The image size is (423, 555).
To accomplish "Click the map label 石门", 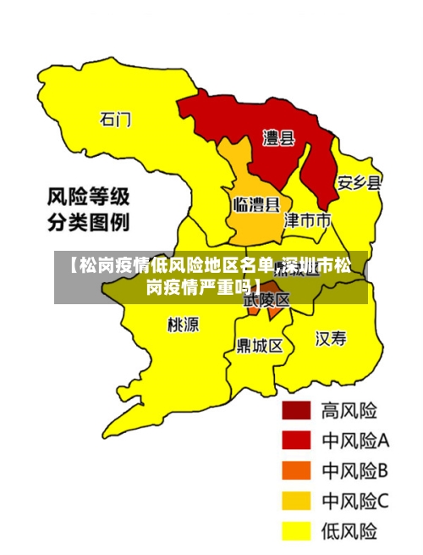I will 116,119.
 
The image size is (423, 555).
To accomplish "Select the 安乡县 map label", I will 359,182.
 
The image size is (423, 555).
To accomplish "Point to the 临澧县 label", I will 255,204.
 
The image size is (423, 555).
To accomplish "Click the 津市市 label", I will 307,220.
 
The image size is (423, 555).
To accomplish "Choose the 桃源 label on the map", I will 183,324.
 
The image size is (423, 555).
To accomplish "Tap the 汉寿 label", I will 331,339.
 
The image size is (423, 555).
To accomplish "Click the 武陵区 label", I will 266,299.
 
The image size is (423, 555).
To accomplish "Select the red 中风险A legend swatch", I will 296,441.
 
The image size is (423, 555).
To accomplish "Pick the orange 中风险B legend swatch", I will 296,471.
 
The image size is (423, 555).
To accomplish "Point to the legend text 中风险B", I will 354,471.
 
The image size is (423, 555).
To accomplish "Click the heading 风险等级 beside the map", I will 87,198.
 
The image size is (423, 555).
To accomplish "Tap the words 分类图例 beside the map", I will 87,224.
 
